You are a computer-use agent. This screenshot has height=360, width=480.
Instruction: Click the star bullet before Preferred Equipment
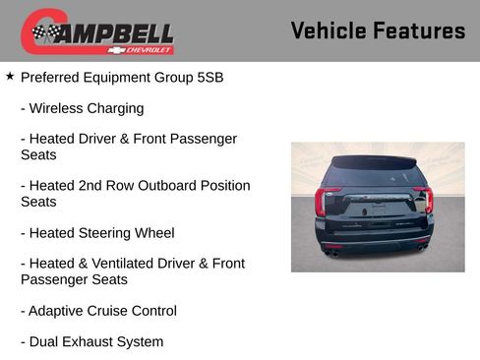point(10,76)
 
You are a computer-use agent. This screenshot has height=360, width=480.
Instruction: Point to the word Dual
point(45,342)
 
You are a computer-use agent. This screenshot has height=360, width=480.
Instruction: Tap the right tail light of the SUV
point(424,201)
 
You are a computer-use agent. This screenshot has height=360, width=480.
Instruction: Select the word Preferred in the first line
point(51,77)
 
